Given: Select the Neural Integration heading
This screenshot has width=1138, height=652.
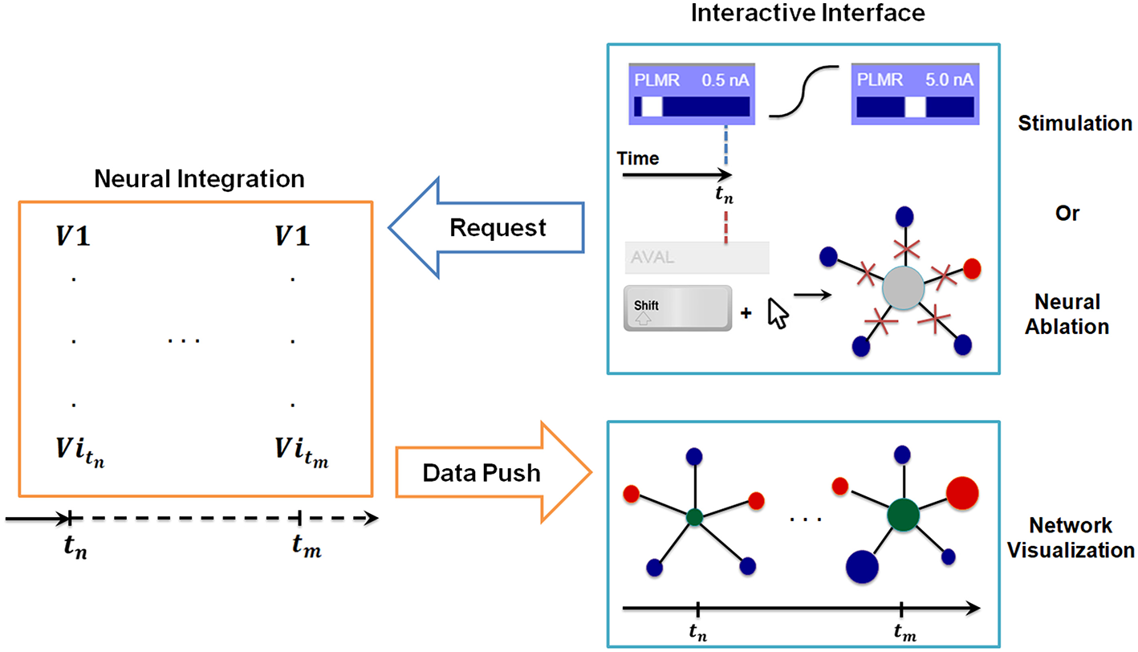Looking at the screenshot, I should pos(199,178).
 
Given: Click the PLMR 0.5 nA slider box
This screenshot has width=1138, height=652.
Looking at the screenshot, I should pos(692,95).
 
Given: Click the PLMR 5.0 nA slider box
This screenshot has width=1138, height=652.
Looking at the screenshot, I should pos(915,95).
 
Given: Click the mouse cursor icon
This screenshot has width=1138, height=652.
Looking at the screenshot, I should pos(778,313).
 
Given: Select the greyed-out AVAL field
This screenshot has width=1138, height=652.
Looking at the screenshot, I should pos(696,259).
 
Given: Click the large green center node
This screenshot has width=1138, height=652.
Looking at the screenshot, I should pos(904,513).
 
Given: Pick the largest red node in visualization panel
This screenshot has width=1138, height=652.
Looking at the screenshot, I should pos(962,491).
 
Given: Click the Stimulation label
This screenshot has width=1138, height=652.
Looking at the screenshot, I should pos(1075,124).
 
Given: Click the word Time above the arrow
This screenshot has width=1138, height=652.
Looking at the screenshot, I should pos(638,158).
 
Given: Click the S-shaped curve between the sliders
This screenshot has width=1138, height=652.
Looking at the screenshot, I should pos(804,91).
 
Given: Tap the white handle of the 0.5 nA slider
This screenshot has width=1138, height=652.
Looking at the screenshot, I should pos(652,107).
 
